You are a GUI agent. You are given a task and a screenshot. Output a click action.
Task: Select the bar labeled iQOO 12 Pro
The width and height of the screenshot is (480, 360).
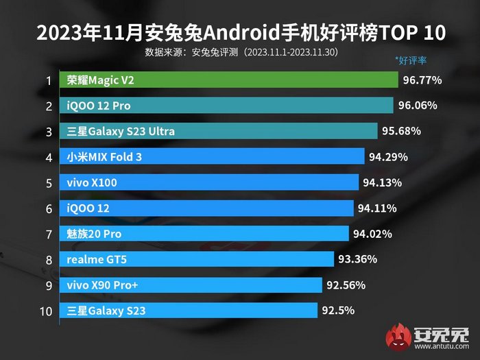pos(226,106)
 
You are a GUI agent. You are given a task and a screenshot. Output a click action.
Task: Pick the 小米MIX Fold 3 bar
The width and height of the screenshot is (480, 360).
pos(212,157)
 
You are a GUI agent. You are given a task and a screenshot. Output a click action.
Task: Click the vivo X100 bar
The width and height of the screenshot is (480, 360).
pos(209,182)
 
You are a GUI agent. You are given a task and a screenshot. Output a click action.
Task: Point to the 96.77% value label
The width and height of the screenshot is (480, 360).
pos(422,80)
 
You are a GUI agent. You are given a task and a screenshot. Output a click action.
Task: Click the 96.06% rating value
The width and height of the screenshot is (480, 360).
pos(418,106)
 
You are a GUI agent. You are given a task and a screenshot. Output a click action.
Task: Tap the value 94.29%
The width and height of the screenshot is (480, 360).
pos(388,157)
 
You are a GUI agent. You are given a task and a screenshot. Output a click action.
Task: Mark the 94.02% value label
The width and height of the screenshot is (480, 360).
pos(372,234)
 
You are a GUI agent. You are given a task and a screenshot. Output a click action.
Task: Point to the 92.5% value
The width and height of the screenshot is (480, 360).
pos(337,311)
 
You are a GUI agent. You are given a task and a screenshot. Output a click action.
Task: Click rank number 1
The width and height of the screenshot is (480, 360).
pos(49,81)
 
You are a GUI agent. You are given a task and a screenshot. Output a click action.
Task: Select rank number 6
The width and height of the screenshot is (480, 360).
pos(49,208)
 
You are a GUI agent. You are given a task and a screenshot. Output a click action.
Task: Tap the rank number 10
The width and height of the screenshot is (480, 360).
pos(46,311)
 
